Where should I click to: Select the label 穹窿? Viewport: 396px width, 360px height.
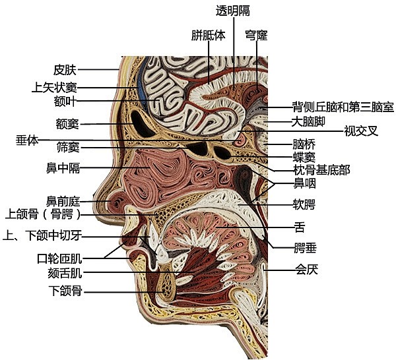(256, 34)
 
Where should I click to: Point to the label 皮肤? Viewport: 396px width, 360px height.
(65, 69)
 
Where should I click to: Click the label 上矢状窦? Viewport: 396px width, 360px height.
(57, 87)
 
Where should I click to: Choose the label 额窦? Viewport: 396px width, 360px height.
(68, 123)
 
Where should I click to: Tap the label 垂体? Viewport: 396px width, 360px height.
(28, 140)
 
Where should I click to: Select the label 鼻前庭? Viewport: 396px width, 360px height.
(63, 200)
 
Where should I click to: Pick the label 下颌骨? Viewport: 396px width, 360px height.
(65, 290)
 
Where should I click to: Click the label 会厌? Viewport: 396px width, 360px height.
(308, 269)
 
